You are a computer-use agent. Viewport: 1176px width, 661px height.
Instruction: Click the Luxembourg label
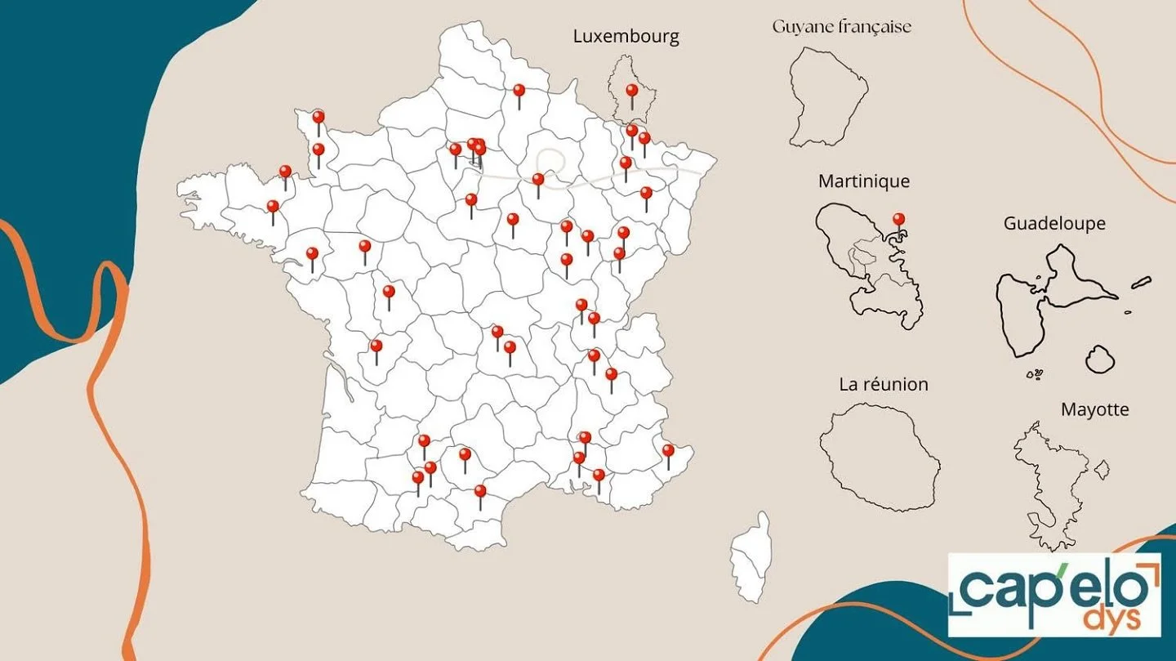coord(626,36)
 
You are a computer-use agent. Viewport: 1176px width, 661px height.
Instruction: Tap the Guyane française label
coord(841,27)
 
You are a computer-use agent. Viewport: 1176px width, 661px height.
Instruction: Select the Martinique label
coord(863,181)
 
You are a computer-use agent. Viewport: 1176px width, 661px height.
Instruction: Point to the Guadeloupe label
coord(1054,223)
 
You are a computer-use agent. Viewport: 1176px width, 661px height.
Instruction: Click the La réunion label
coord(884,384)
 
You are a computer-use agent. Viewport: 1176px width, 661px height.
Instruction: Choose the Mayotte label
coord(1094,409)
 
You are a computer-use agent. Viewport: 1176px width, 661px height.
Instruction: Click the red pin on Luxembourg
coord(631,91)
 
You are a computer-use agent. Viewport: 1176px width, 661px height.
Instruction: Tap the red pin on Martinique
coord(898,219)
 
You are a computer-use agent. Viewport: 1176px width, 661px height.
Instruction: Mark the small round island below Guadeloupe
coord(1100,359)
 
